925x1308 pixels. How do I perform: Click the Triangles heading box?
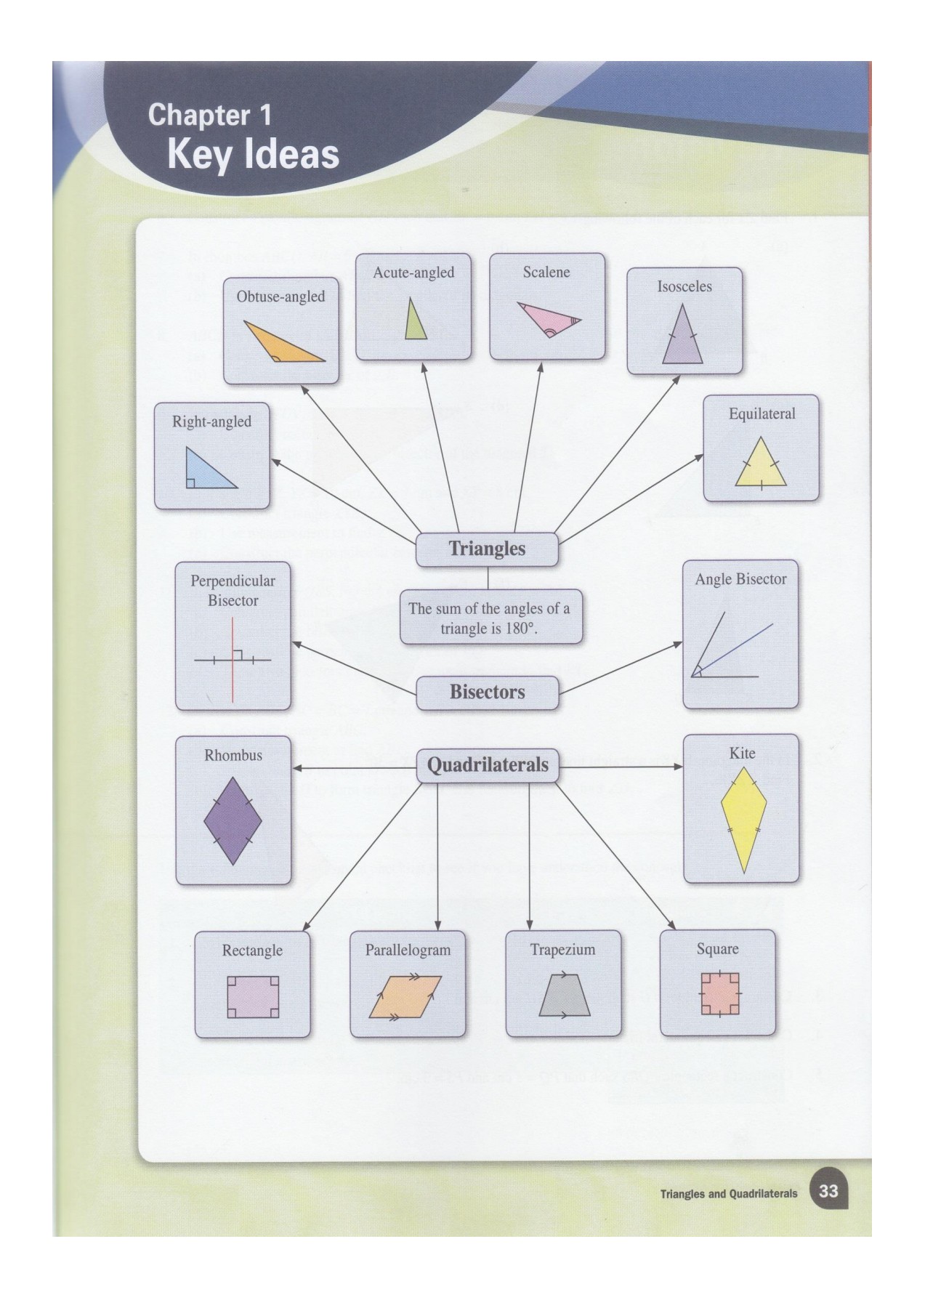coord(487,549)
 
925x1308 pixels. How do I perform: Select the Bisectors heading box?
coord(487,692)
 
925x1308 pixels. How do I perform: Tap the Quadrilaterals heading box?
coord(488,765)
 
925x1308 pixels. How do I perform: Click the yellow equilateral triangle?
coord(761,466)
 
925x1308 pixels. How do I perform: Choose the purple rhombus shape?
coord(233,820)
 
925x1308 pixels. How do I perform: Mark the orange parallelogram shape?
coord(405,996)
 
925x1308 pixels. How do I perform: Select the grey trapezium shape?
coord(565,996)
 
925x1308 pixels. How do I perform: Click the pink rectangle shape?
coord(252,996)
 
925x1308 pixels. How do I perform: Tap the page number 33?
coord(828,1191)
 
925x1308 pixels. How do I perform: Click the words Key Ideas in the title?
coord(253,154)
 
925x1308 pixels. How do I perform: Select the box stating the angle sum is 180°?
coord(490,618)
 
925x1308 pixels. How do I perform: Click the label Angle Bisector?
coord(740,579)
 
